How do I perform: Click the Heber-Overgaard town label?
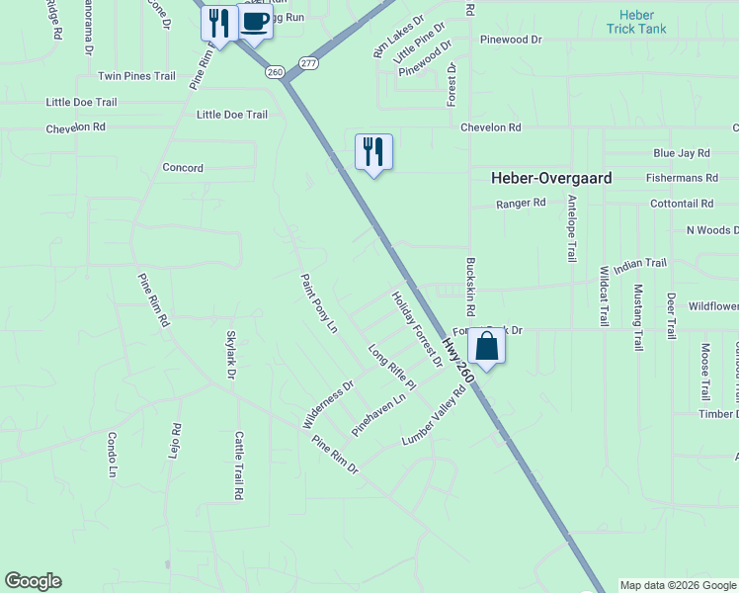(x=551, y=179)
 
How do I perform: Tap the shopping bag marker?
(x=486, y=346)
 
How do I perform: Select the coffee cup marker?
(x=254, y=22)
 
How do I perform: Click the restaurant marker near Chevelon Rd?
(x=373, y=152)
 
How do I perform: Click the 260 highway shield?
(x=275, y=71)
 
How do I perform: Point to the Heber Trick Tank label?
(x=636, y=22)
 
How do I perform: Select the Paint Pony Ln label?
(x=319, y=303)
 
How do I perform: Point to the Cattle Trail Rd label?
(x=238, y=464)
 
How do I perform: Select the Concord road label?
(x=183, y=168)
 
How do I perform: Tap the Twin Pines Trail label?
(x=136, y=76)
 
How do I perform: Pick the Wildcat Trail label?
(x=604, y=296)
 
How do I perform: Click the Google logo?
(x=33, y=581)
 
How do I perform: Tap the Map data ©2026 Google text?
(x=678, y=585)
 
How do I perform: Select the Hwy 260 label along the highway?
(x=457, y=362)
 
